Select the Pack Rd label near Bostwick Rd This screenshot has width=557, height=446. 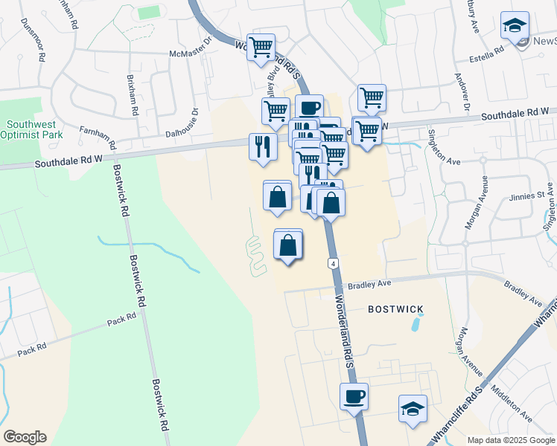[121, 317]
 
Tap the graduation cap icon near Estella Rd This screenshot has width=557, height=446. [515, 25]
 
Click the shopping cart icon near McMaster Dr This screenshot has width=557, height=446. [261, 47]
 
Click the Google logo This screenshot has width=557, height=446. [25, 437]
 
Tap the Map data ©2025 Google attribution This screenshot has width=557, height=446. [511, 439]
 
